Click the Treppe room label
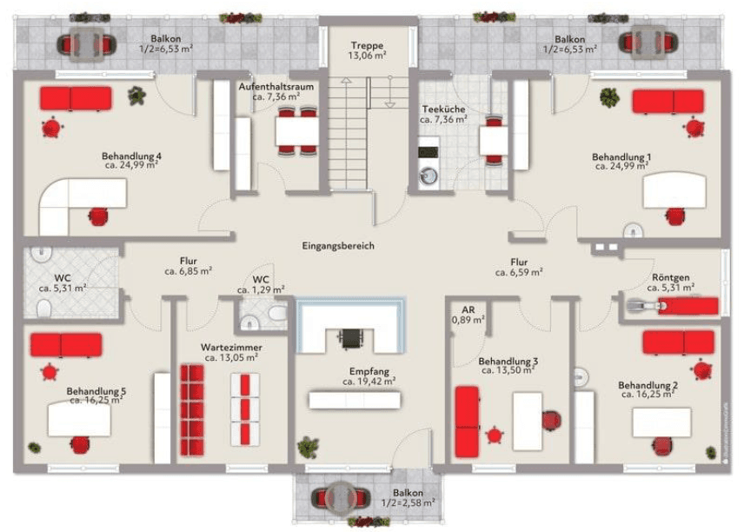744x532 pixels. click(x=367, y=46)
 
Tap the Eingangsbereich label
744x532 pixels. click(x=338, y=246)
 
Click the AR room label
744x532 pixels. click(x=468, y=309)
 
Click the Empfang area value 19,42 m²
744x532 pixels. click(x=369, y=381)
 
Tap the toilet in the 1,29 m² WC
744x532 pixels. click(x=277, y=314)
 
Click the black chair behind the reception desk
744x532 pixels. click(x=350, y=336)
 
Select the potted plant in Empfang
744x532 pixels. click(x=307, y=448)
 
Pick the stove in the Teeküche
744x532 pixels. click(x=428, y=152)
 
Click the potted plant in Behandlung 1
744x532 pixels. click(x=608, y=96)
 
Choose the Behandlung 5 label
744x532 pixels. click(x=96, y=392)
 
